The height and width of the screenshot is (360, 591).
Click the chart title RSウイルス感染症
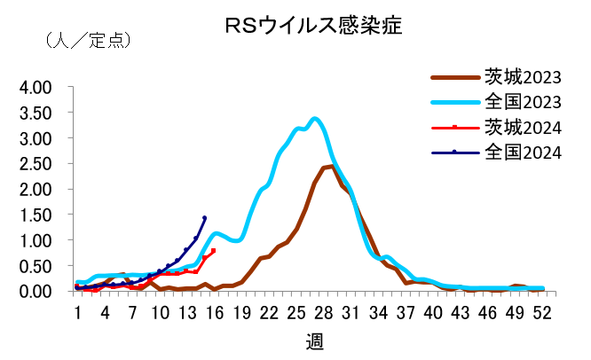[314, 26]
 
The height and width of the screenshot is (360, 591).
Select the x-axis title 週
[315, 342]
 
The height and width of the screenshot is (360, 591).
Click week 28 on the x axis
[324, 312]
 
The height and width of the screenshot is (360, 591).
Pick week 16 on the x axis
[215, 312]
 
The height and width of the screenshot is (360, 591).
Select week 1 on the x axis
[78, 312]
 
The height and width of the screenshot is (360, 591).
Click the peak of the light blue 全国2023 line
[315, 118]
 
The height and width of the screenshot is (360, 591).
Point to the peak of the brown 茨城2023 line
[330, 166]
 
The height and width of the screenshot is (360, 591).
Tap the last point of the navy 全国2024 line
[205, 217]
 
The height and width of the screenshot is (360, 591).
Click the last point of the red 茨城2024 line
[213, 251]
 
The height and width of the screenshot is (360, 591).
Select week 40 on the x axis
[433, 312]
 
